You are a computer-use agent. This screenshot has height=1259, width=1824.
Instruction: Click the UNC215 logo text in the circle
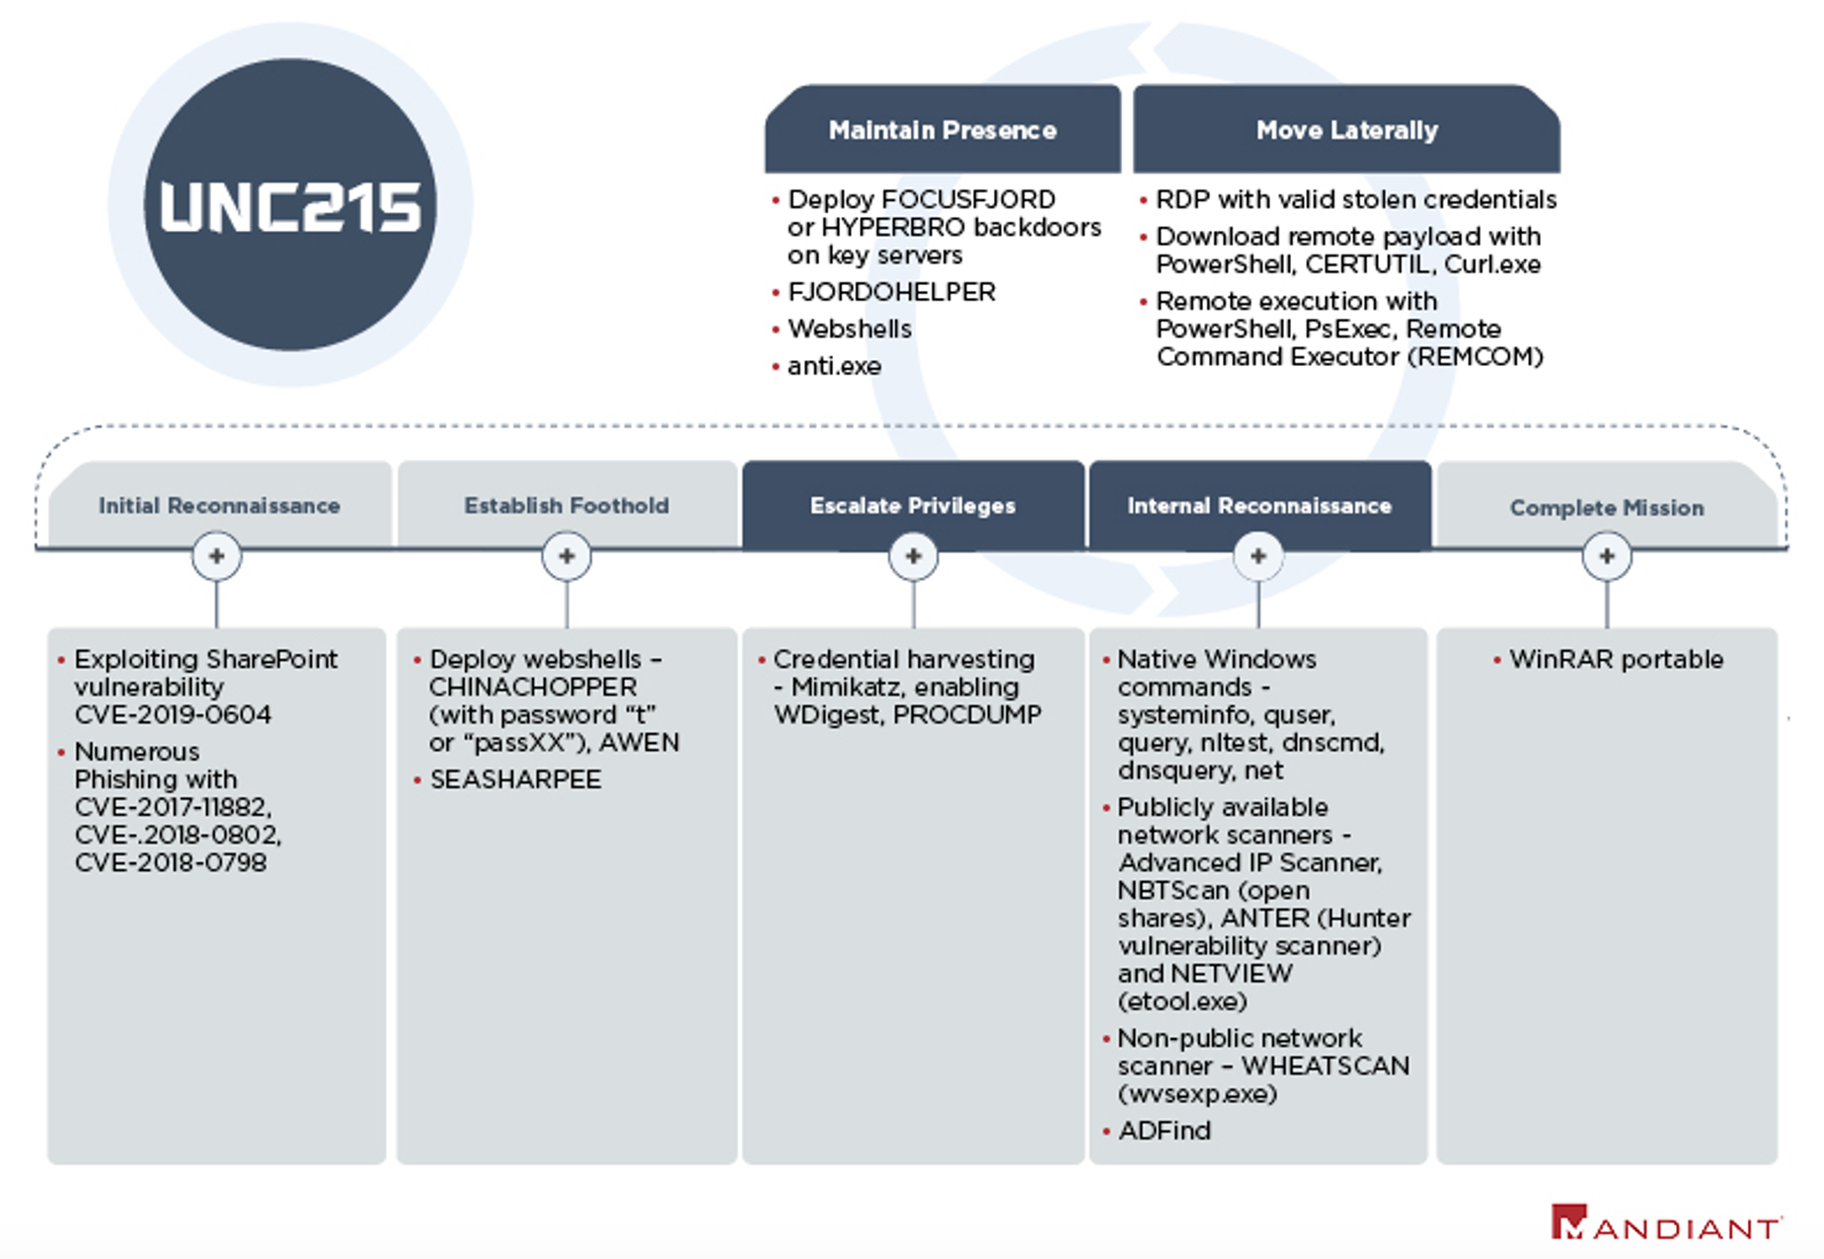coord(290,207)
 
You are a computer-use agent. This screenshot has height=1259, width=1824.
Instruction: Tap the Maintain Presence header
coord(943,130)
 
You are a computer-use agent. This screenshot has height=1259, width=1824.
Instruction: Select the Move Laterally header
coord(1346,130)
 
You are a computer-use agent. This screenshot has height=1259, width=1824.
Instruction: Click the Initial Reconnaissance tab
coord(219,505)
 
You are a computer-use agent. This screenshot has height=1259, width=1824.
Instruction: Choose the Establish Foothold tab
coord(567,505)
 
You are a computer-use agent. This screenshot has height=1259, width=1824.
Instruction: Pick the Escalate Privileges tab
coord(913,505)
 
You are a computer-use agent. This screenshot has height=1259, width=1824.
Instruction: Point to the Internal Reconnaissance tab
coord(1259,505)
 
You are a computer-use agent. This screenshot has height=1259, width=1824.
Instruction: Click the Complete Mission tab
coord(1607,507)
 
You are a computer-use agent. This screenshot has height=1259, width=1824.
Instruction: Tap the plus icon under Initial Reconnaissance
coord(217,556)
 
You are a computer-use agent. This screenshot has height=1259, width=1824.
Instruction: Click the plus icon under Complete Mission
coord(1607,556)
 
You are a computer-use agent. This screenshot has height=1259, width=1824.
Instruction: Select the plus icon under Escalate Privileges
coord(913,556)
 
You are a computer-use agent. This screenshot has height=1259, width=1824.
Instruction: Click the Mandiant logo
coord(1666,1223)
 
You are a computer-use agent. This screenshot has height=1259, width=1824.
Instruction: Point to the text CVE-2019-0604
coord(173,714)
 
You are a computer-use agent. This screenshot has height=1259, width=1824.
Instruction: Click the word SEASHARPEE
coord(515,779)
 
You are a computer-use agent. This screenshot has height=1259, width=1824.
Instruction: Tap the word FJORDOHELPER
coord(891,292)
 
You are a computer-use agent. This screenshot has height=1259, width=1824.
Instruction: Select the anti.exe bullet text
coord(834,366)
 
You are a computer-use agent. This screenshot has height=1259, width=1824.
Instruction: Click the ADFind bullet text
coord(1165,1131)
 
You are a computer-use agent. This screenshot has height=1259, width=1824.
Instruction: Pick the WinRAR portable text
coord(1617,659)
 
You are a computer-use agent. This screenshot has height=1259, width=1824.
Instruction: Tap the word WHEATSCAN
coord(1326,1066)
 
